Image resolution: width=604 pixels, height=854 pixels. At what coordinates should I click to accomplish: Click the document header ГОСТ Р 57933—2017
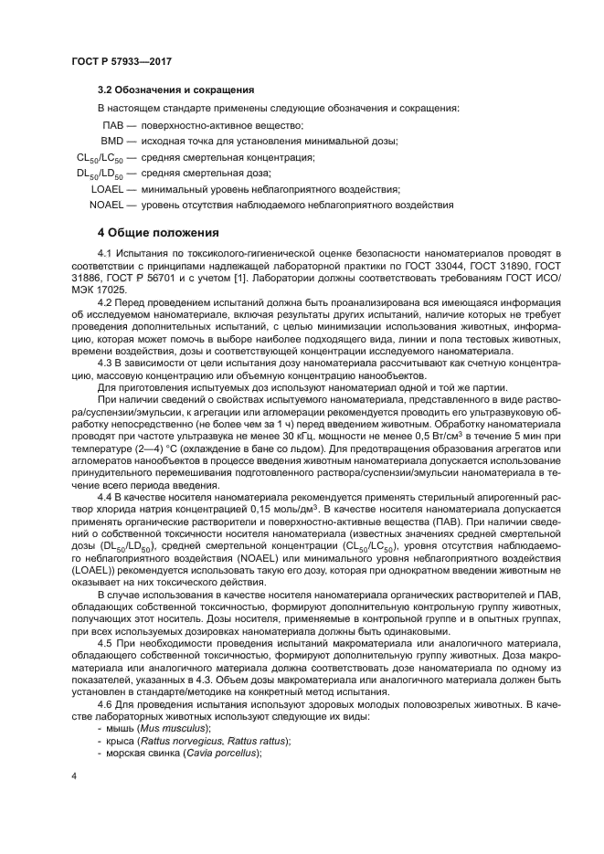[x=122, y=60]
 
